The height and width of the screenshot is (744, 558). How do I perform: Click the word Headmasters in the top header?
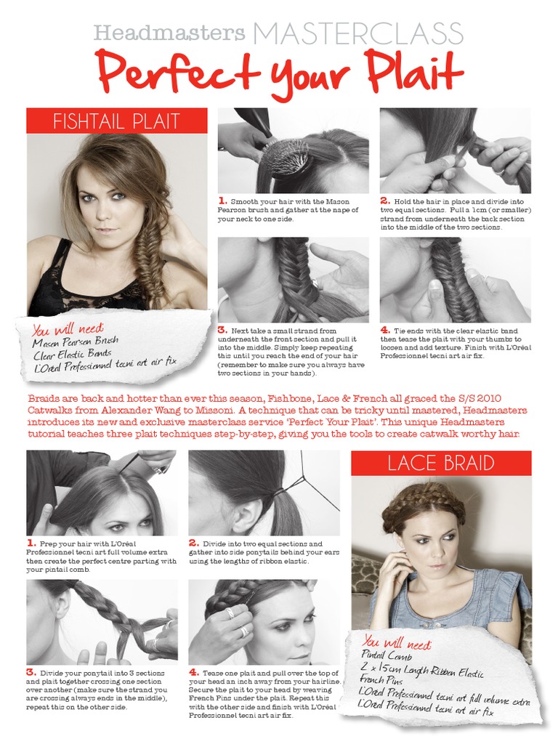169,33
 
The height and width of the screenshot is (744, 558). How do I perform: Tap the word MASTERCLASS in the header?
358,33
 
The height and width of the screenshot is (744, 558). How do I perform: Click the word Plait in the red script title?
414,73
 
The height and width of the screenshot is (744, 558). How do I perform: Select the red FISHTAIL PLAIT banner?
116,121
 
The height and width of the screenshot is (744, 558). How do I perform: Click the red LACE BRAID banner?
441,463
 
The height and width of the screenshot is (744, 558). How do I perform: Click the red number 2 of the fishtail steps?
385,201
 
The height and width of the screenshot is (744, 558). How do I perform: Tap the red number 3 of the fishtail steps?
222,330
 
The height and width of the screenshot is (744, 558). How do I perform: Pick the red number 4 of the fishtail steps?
385,330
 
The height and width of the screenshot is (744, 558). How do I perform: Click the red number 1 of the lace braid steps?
31,543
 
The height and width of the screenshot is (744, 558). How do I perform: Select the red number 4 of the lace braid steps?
193,671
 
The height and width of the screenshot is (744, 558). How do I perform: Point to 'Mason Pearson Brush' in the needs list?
75,341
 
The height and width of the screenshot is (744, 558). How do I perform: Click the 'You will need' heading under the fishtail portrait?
68,329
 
